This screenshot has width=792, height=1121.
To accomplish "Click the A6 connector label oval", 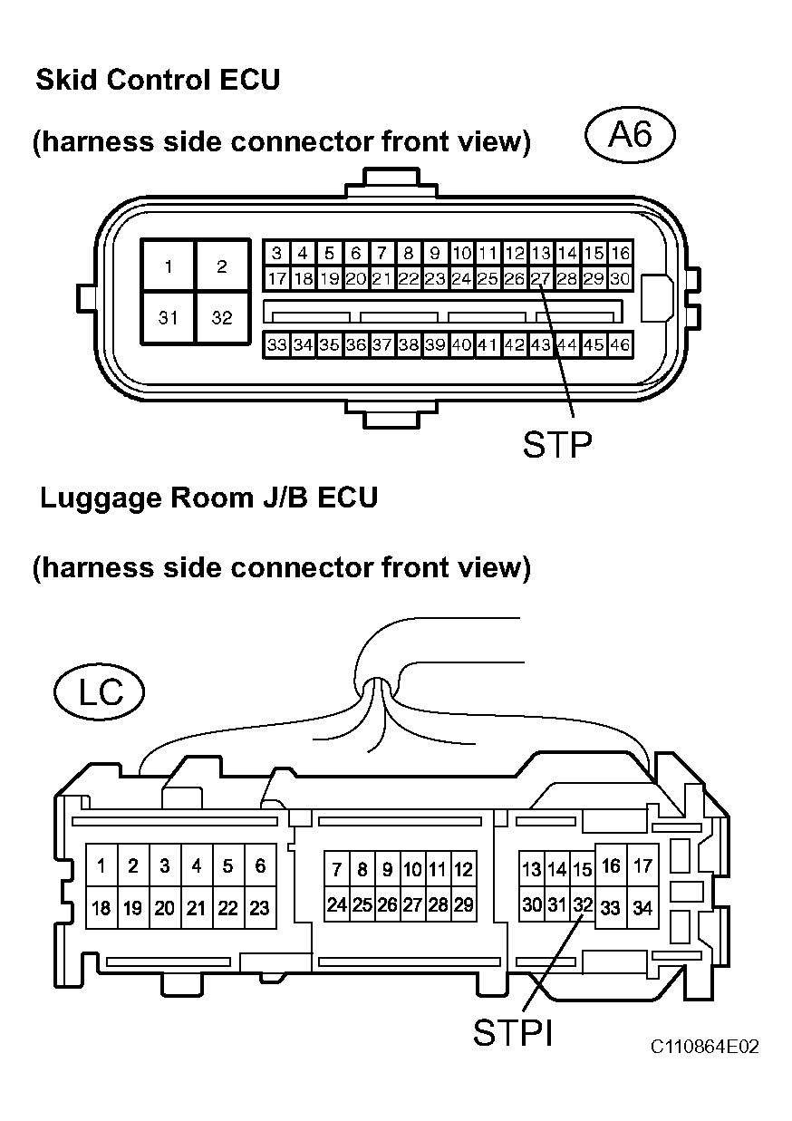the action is [x=630, y=135].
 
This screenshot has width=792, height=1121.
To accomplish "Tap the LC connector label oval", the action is [x=99, y=691].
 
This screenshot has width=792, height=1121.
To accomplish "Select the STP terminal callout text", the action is [x=557, y=444].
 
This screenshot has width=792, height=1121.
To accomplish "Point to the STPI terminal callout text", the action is [x=512, y=1033].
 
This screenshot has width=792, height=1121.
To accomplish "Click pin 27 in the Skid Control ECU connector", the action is [x=540, y=278].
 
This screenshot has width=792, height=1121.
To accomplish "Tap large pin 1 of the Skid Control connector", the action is [x=169, y=266].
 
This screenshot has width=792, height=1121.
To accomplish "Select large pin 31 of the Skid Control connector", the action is [x=169, y=318].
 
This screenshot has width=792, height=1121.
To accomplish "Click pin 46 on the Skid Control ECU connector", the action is [x=620, y=344].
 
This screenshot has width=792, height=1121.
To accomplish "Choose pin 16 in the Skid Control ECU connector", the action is [x=620, y=253].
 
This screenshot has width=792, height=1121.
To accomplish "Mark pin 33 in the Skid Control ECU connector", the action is [x=276, y=344].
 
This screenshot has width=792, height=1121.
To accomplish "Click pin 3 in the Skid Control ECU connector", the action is [x=276, y=253].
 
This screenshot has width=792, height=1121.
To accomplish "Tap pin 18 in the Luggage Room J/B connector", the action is [x=101, y=907].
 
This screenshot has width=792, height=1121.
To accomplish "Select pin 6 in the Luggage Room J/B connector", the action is [x=260, y=865].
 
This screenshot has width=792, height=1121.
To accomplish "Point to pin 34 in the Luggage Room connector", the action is [x=642, y=907].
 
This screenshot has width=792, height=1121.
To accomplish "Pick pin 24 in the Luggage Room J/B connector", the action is [x=337, y=904].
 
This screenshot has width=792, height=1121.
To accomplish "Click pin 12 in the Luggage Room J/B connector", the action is [x=464, y=869].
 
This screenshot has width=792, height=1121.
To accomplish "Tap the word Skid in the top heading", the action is [x=66, y=80].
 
